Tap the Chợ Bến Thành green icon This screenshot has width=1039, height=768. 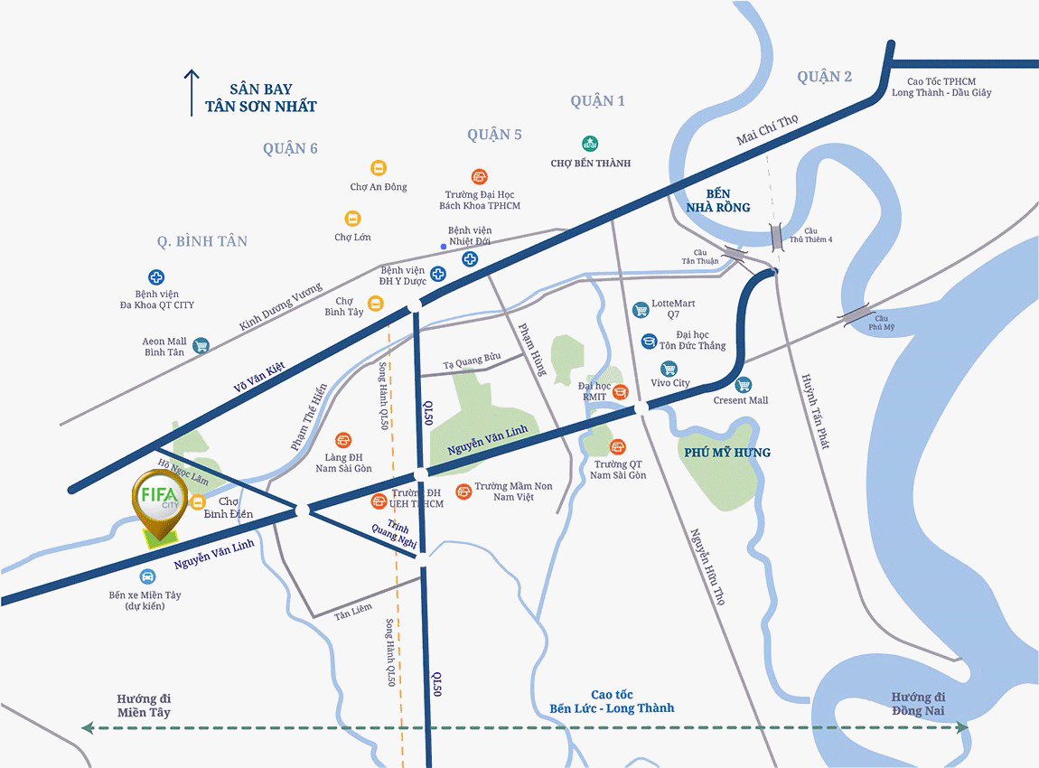click(590, 143)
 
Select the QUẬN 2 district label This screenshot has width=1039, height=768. click(824, 77)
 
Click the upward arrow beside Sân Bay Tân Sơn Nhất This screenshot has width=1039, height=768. click(192, 92)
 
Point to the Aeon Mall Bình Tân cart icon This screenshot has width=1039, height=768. click(201, 345)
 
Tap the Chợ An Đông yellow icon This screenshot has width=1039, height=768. click(379, 168)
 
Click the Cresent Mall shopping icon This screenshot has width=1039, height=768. click(744, 385)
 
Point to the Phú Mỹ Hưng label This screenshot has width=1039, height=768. click(727, 452)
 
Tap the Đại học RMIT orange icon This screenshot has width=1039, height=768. click(621, 391)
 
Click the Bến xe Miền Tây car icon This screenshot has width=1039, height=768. click(146, 576)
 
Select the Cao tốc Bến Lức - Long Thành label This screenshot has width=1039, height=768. click(612, 701)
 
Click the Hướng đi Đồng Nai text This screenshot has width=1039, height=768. click(918, 705)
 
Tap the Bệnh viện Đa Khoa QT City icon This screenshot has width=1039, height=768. click(156, 277)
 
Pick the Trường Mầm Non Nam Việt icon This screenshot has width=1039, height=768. click(463, 491)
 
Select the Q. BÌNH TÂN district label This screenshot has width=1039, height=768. click(201, 241)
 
